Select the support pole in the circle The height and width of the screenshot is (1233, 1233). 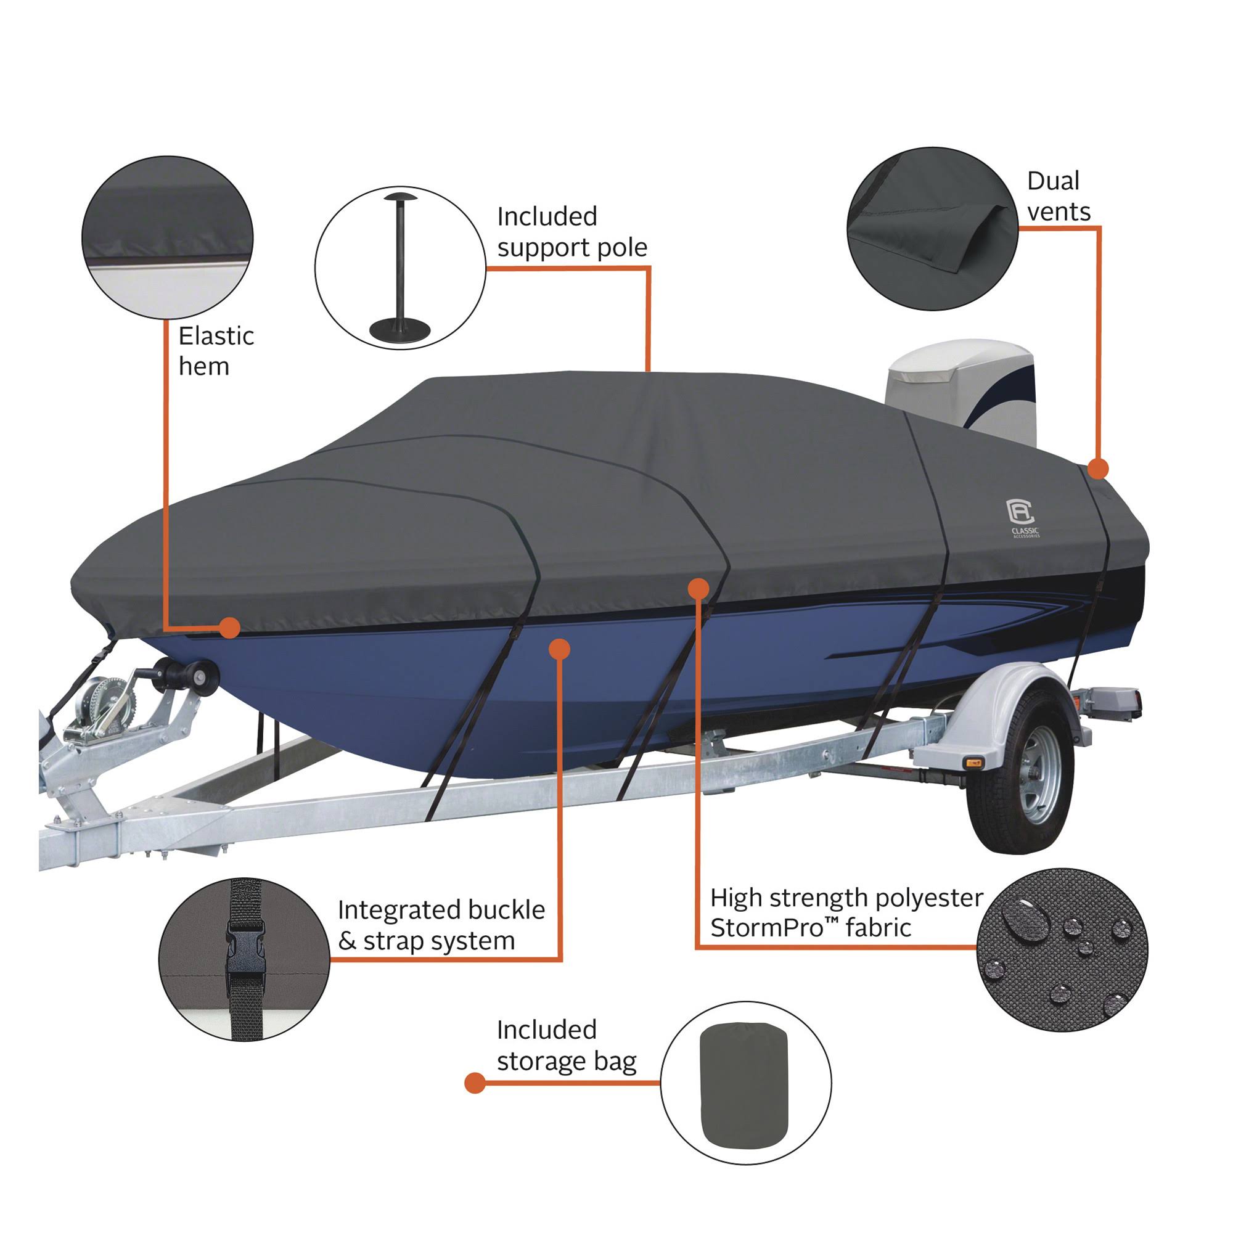(x=400, y=268)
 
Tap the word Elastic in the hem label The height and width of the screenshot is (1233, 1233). (x=216, y=337)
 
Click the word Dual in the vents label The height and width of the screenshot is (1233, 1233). (x=1052, y=181)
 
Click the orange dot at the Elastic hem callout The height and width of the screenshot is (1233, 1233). (x=229, y=628)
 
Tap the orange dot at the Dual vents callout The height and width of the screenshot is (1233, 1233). (x=1097, y=469)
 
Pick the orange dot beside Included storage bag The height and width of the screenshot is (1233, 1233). (x=475, y=1083)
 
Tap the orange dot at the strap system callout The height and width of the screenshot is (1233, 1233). (x=559, y=649)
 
